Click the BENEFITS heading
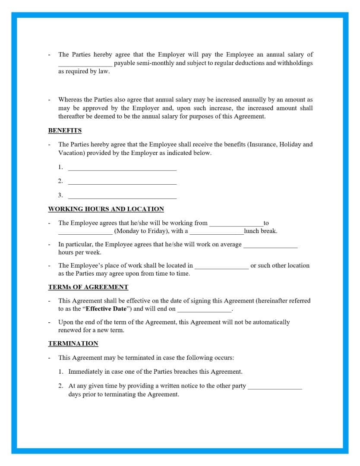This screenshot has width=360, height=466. [x=65, y=130]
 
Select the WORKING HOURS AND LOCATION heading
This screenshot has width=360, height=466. [x=106, y=209]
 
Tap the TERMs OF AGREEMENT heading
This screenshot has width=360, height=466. [x=88, y=287]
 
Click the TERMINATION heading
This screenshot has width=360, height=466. [x=73, y=343]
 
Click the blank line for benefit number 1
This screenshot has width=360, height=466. [x=122, y=168]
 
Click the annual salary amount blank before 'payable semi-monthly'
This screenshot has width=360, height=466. [x=85, y=64]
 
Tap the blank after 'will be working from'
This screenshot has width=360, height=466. [x=236, y=224]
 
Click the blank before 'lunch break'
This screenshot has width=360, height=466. [x=217, y=232]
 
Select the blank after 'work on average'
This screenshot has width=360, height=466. [x=270, y=246]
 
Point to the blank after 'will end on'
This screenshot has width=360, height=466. [x=204, y=310]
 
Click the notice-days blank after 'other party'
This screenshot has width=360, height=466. [x=275, y=387]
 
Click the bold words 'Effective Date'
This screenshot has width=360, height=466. [x=106, y=309]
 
